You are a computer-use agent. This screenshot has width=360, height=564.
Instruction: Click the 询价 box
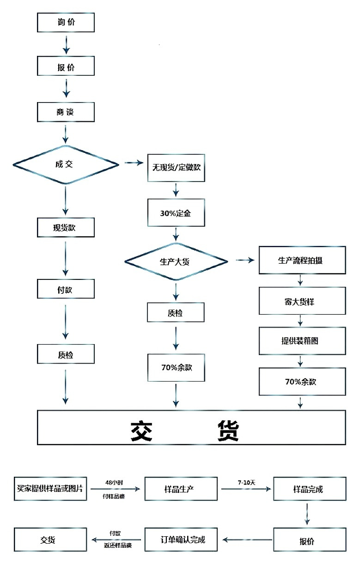66,23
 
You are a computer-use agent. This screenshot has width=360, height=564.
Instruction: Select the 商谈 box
66,112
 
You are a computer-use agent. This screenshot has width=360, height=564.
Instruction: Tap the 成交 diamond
66,164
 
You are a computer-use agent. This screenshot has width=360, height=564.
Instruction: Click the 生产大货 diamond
176,261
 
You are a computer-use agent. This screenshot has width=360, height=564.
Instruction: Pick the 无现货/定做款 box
176,168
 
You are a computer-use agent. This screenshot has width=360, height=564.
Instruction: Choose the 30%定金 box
176,213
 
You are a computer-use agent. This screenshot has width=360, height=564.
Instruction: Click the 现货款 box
66,227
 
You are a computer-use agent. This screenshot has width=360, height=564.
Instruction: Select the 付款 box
66,289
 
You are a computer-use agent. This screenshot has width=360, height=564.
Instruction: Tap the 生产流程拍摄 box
302,260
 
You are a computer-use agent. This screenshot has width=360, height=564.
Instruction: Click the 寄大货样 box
302,301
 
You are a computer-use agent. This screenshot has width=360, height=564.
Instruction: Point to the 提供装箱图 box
302,341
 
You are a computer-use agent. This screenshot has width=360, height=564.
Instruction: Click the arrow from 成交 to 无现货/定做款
134,163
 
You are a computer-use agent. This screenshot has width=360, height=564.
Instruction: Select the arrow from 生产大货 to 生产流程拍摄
245,260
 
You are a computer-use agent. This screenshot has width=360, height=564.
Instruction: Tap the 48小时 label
114,482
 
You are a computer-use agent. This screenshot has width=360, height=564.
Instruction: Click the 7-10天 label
246,482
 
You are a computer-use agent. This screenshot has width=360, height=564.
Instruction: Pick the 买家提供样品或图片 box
50,489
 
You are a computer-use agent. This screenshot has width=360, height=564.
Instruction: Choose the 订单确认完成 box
181,540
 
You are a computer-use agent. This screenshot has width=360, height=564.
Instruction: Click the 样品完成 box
310,489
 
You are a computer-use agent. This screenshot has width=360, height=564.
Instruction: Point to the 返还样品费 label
118,546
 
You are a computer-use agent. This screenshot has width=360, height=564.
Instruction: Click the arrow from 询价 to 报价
66,45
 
